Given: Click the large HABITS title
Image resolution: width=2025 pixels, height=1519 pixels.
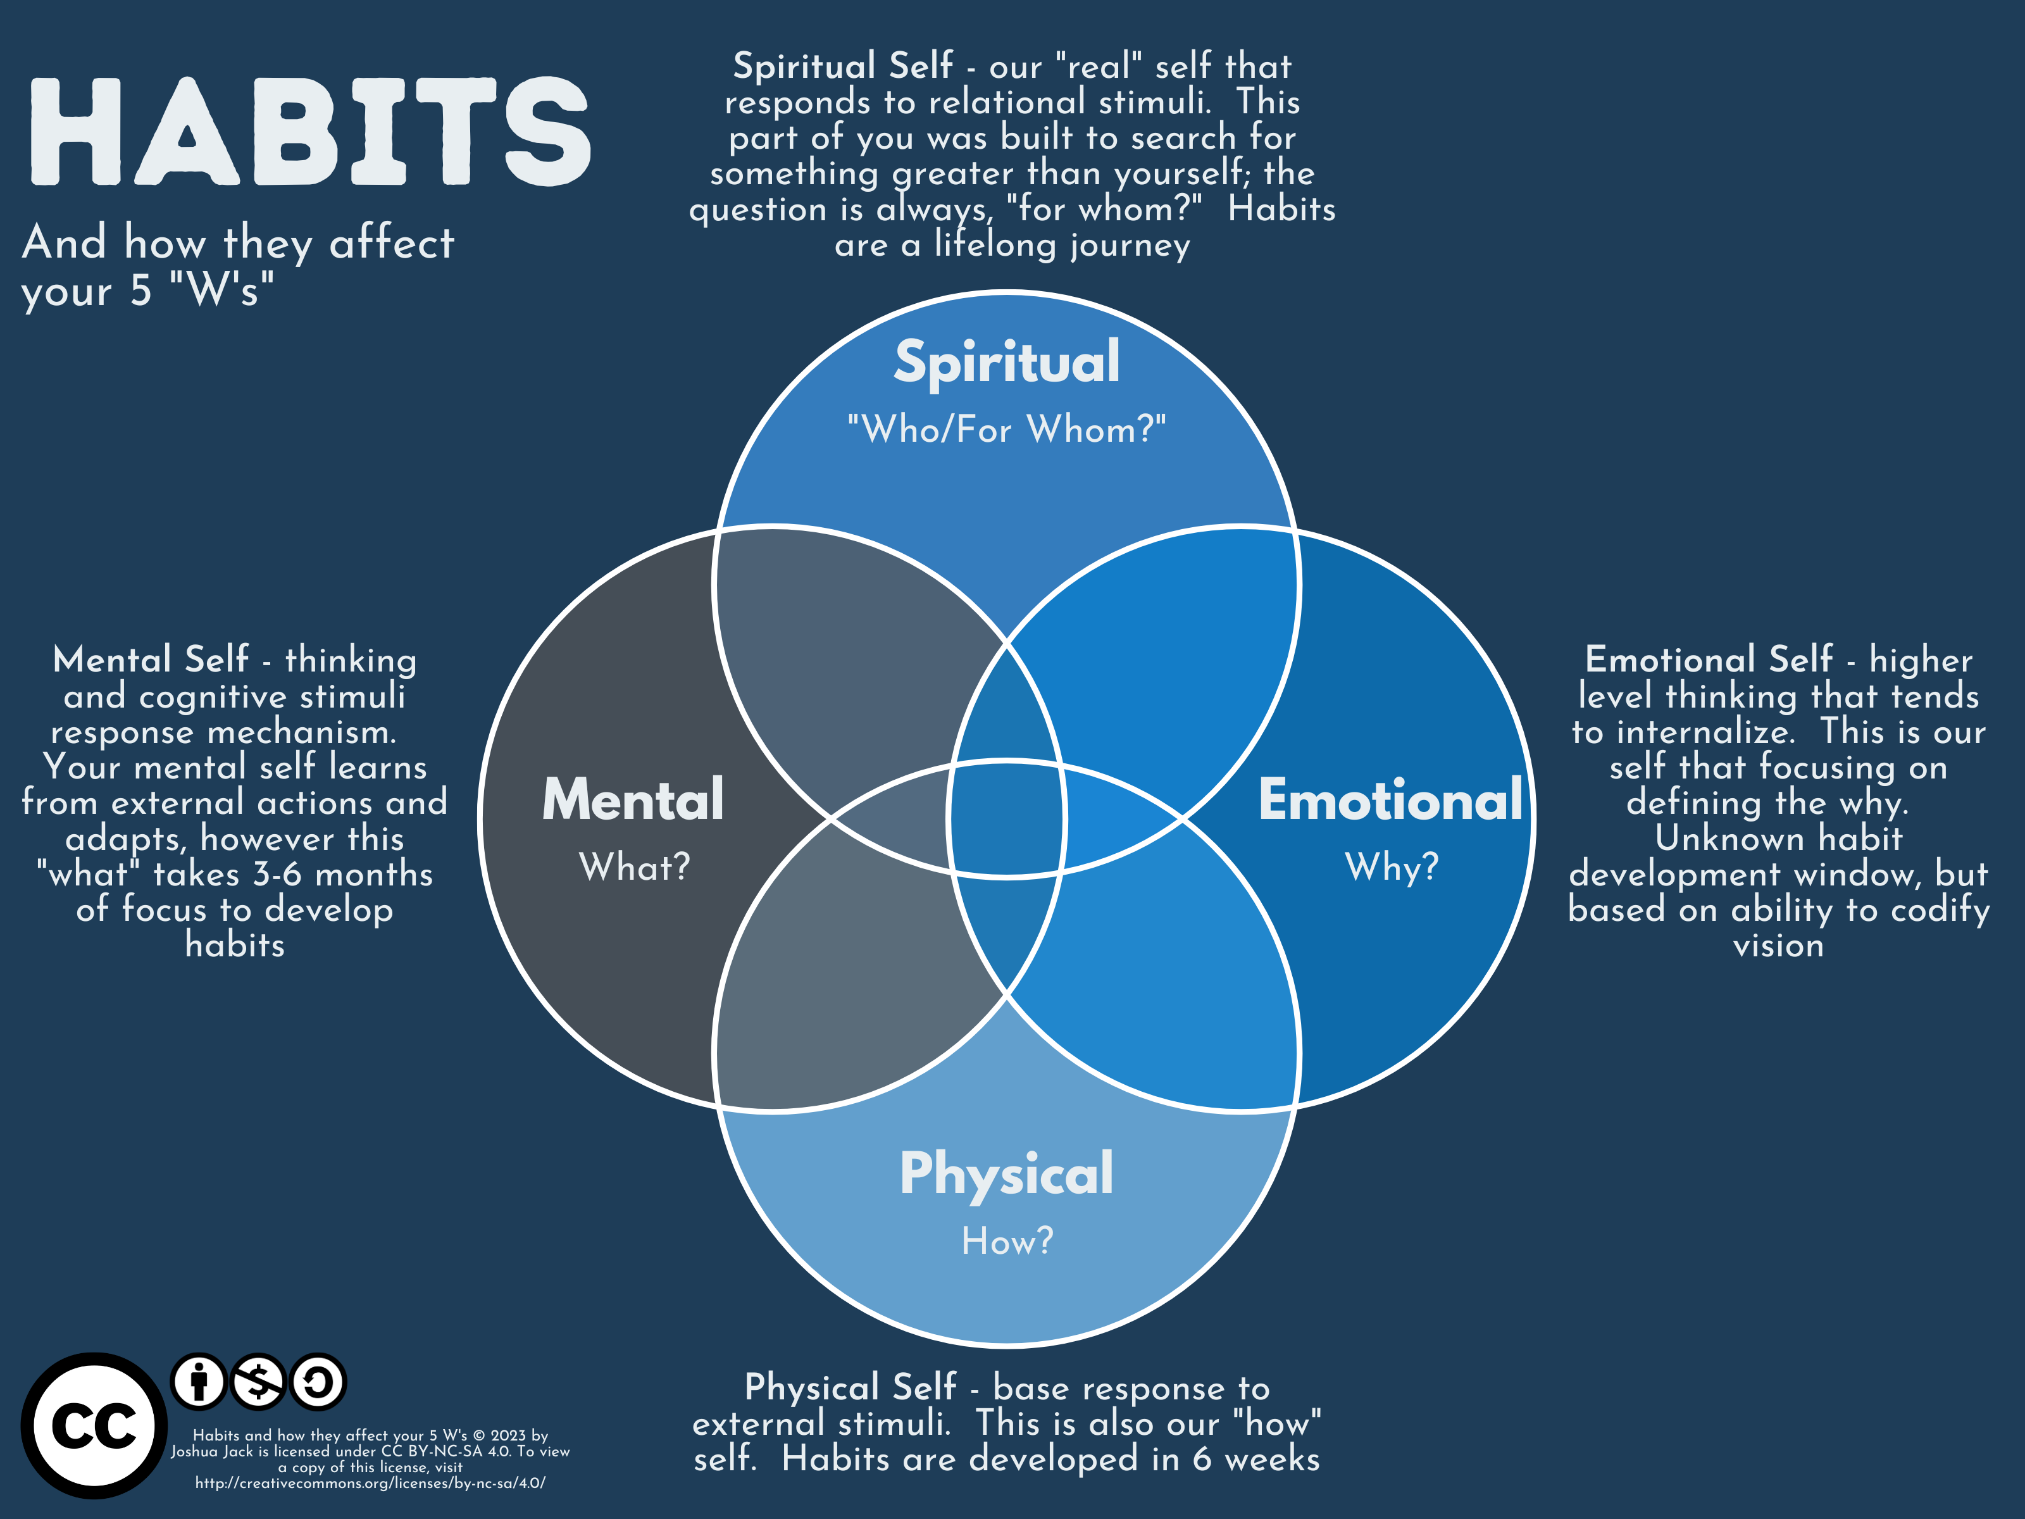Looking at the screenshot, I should [309, 131].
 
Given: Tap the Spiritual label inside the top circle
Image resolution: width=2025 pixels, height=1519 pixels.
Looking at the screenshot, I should [1006, 363].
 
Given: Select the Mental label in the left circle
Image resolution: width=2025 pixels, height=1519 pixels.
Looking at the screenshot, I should [633, 800].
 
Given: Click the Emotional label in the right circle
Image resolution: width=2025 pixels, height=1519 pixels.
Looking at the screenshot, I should [1390, 800].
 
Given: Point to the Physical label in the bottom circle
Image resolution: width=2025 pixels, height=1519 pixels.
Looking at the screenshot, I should [1006, 1174].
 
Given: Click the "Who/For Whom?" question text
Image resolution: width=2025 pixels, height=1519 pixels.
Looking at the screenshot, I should [1006, 429].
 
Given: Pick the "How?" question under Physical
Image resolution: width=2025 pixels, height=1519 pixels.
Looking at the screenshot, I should [1007, 1242].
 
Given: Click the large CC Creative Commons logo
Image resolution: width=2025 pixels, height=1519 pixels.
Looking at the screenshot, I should [94, 1425].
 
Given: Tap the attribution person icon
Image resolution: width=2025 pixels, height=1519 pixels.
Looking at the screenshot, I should [199, 1381].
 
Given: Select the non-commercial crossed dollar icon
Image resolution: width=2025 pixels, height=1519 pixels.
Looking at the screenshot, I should [258, 1381].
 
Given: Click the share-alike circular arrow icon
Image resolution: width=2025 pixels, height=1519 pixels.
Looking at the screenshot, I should [318, 1381].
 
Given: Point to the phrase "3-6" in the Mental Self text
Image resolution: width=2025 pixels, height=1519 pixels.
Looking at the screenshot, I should [277, 875].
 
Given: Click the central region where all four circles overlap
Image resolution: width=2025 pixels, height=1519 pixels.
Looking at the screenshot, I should [1006, 818].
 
